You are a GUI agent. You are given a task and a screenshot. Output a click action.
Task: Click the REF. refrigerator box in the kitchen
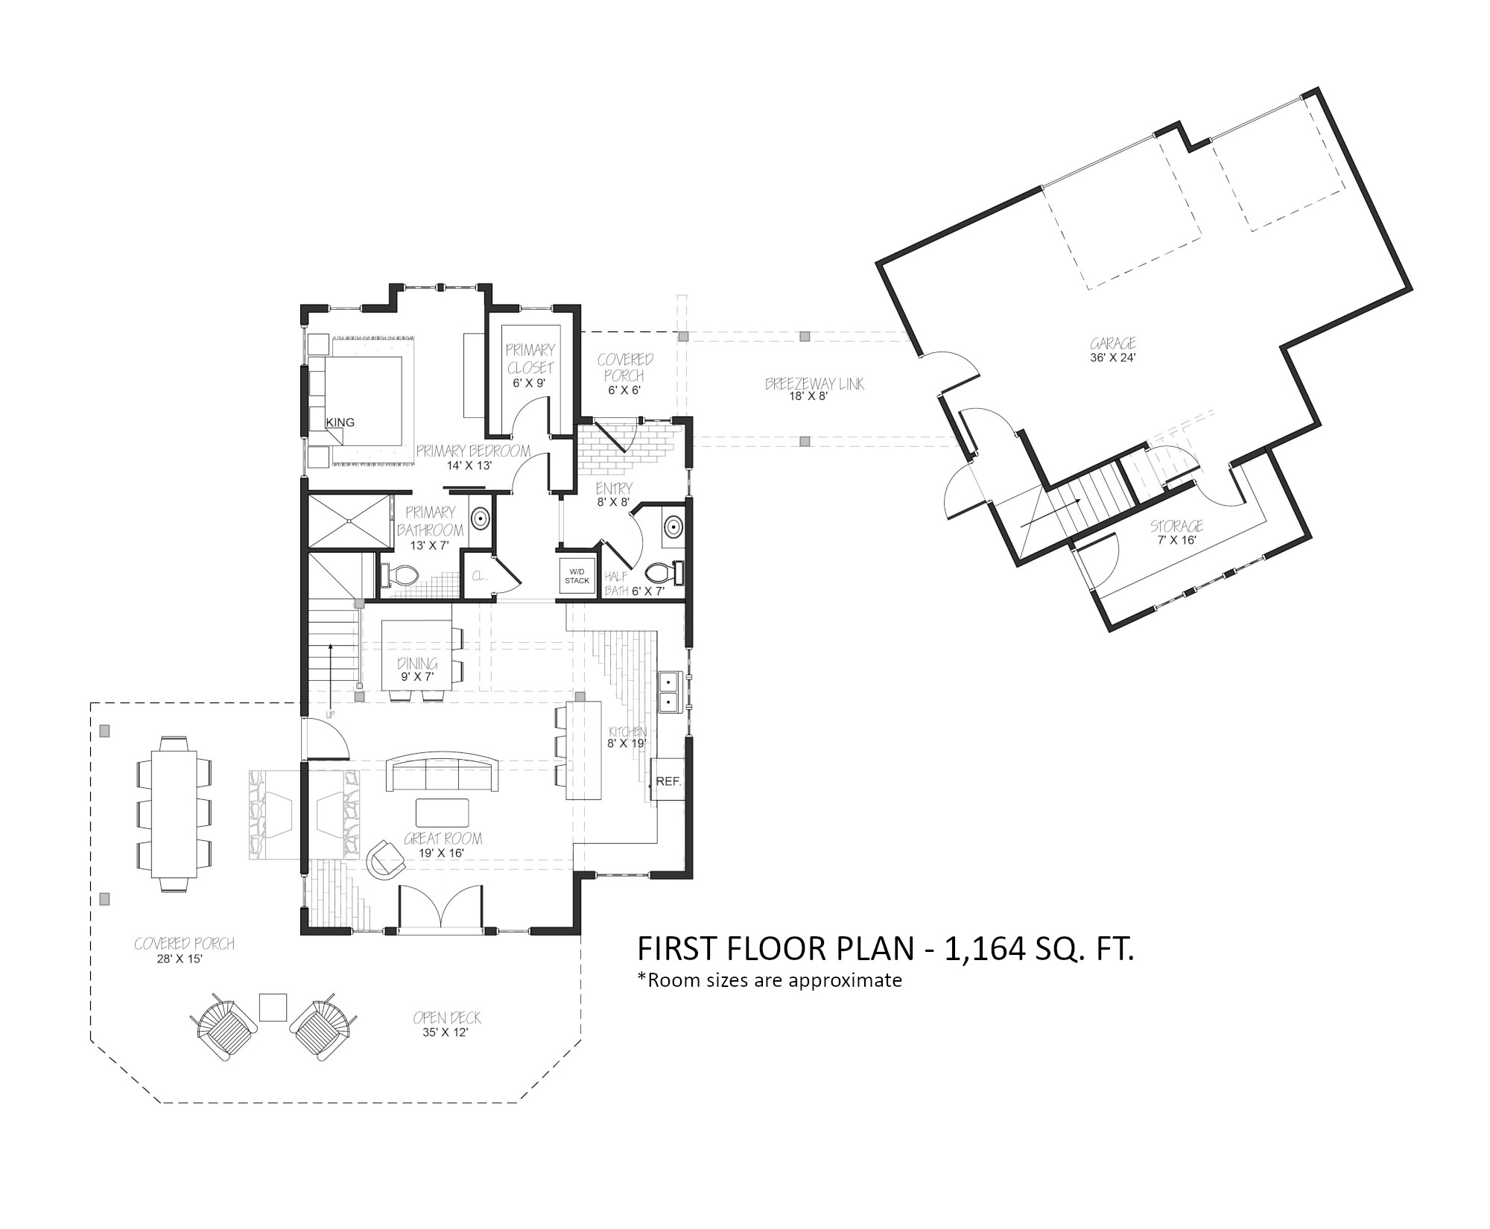(668, 779)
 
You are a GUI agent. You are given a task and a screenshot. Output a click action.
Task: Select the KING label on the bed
(340, 422)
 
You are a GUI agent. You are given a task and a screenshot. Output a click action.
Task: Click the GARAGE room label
(1113, 343)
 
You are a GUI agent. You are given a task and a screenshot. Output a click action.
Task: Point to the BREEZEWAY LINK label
(815, 384)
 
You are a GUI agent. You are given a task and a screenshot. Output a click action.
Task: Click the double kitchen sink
(668, 690)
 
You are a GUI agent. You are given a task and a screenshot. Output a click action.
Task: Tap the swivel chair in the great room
(387, 860)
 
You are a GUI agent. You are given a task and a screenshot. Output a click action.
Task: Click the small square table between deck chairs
(273, 1008)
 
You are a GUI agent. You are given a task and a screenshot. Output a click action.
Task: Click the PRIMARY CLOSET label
(530, 358)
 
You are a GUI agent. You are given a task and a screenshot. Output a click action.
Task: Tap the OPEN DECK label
(447, 1017)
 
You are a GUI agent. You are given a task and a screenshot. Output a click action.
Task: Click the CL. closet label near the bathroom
(479, 576)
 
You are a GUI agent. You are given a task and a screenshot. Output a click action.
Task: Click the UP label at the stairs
(329, 715)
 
